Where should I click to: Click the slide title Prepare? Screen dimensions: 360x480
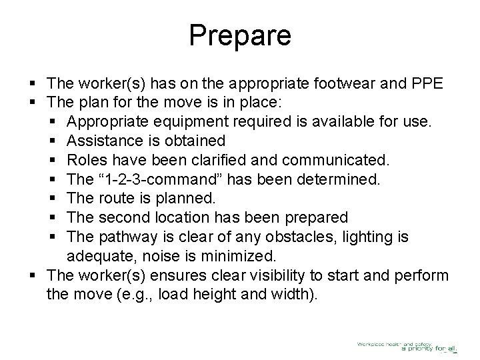[x=240, y=35]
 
